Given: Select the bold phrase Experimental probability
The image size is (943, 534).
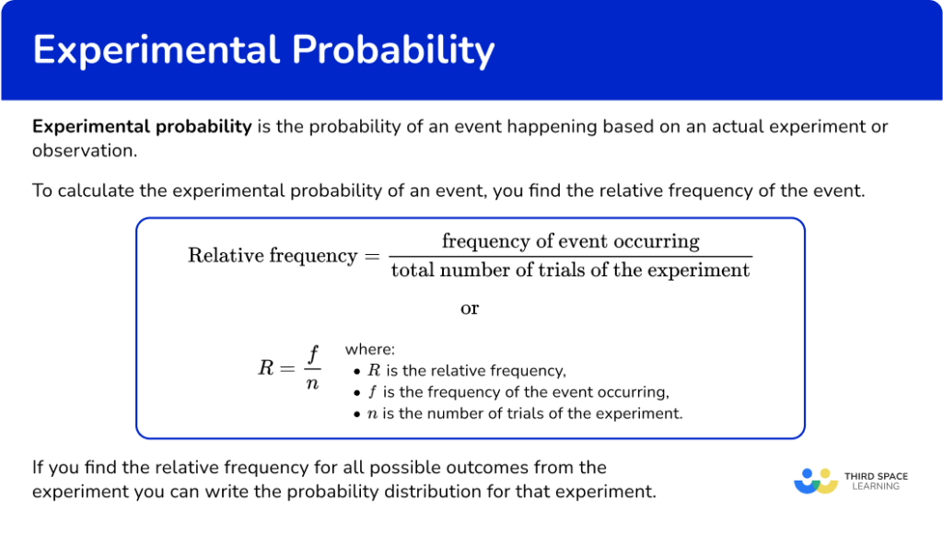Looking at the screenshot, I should [142, 127].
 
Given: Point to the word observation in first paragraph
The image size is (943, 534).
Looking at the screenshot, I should [82, 151].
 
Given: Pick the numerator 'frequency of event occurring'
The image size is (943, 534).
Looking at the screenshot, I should [570, 242].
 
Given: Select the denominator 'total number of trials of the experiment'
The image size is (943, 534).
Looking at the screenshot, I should [570, 270].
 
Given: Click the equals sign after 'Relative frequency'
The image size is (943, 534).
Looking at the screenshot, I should [370, 256].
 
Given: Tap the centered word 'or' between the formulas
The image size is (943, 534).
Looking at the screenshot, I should [470, 308].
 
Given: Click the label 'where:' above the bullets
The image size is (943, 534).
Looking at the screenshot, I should [369, 350].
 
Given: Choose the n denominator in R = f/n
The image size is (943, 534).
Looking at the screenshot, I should [312, 383].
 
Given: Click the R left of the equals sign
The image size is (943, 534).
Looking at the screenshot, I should [265, 369].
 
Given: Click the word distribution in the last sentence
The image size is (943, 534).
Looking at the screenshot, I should [470, 492].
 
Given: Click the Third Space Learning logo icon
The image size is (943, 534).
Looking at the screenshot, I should [815, 481].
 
